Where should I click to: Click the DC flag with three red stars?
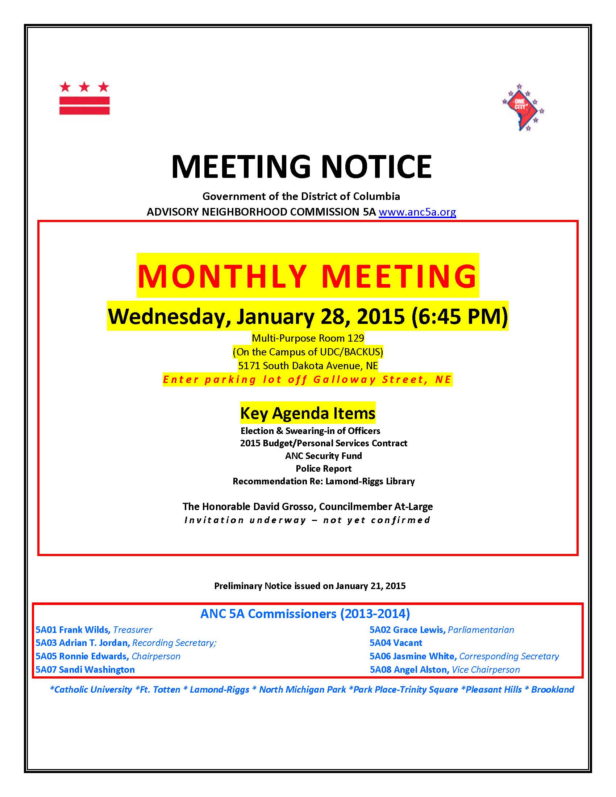click(84, 98)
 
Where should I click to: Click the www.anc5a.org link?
click(417, 212)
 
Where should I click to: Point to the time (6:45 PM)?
click(459, 316)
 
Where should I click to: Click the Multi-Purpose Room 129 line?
click(308, 338)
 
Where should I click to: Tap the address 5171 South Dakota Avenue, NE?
click(308, 366)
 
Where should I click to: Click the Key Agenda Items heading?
click(308, 413)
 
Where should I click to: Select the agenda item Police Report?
click(323, 468)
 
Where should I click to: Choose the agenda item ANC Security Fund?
click(323, 456)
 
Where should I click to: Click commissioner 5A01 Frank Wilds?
click(72, 630)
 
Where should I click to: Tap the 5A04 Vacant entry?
click(396, 643)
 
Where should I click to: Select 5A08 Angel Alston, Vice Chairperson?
click(445, 669)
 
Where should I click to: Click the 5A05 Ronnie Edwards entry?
click(82, 656)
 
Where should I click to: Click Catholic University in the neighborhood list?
click(91, 689)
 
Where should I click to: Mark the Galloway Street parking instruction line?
click(308, 380)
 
